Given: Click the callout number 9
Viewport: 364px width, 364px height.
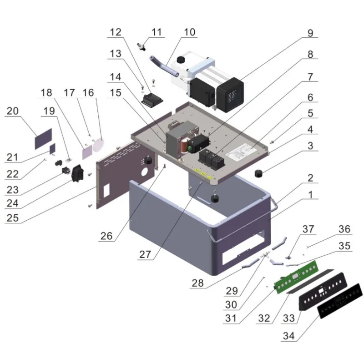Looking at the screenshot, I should [x=310, y=33].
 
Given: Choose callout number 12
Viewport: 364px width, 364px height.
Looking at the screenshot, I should [x=116, y=32].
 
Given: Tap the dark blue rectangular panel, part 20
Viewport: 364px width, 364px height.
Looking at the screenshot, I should [x=43, y=138].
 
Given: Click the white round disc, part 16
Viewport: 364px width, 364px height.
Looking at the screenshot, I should [x=99, y=144].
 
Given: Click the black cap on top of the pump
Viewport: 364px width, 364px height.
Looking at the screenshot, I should [x=182, y=60].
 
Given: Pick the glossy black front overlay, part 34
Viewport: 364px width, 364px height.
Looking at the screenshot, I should [x=339, y=302].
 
